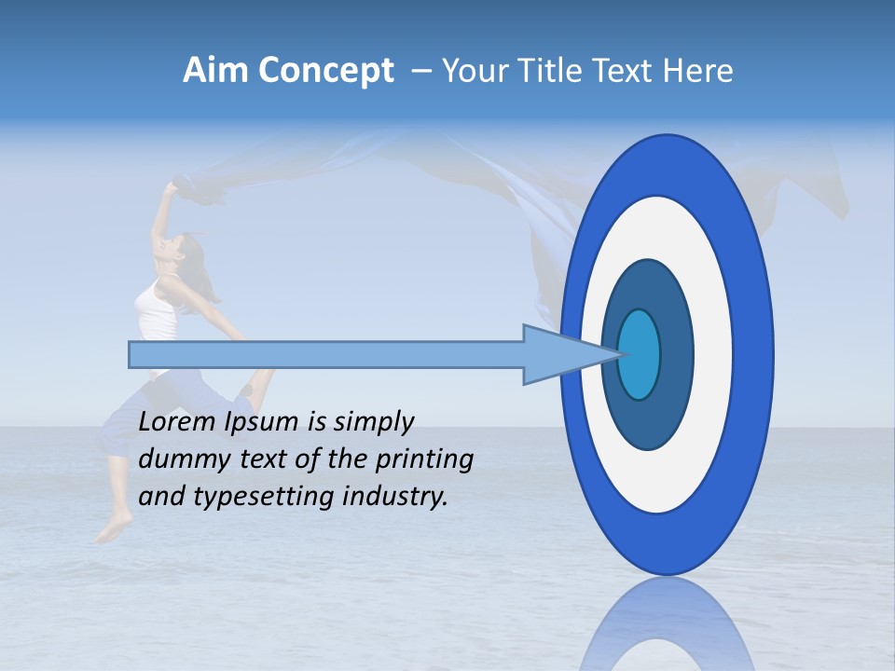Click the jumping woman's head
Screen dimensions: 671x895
click(186, 249)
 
